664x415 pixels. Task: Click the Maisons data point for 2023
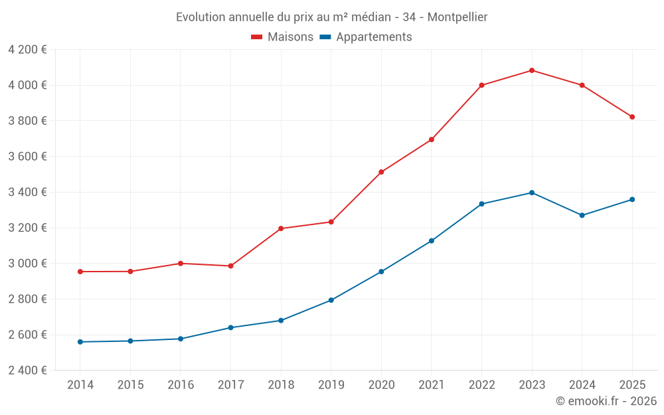pyautogui.click(x=532, y=70)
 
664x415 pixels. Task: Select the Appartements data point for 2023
pyautogui.click(x=532, y=193)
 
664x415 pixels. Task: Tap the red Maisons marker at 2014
pyautogui.click(x=80, y=272)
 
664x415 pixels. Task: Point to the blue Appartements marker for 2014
pyautogui.click(x=80, y=342)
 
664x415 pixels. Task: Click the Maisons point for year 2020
pyautogui.click(x=381, y=172)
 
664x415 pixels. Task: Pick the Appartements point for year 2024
pyautogui.click(x=582, y=215)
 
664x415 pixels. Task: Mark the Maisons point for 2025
pyautogui.click(x=632, y=117)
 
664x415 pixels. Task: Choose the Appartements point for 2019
pyautogui.click(x=331, y=300)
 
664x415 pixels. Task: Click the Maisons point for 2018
pyautogui.click(x=281, y=228)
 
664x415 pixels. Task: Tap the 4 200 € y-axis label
pyautogui.click(x=27, y=50)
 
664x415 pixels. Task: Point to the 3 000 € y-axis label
pyautogui.click(x=27, y=264)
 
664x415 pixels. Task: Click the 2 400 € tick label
pyautogui.click(x=27, y=371)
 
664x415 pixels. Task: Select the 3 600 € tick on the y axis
pyautogui.click(x=27, y=157)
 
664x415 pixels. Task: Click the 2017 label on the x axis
pyautogui.click(x=230, y=385)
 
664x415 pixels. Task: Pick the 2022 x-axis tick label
pyautogui.click(x=481, y=385)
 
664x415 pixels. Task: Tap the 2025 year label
pyautogui.click(x=632, y=385)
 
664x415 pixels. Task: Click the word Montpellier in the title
pyautogui.click(x=457, y=17)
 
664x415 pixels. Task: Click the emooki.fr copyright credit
pyautogui.click(x=606, y=401)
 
